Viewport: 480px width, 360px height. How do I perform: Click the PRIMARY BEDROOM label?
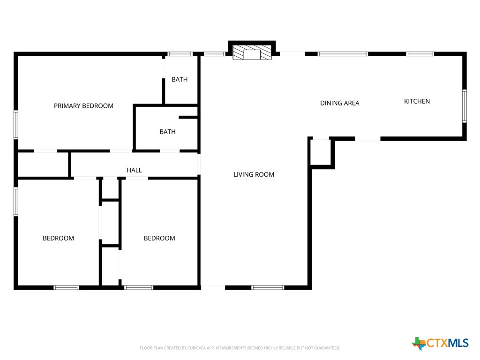[83, 106]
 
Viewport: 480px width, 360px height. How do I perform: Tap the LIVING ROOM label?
[254, 174]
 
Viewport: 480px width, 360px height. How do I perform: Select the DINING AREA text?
[339, 103]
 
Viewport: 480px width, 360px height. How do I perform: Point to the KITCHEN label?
[417, 101]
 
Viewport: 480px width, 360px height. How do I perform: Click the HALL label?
[134, 170]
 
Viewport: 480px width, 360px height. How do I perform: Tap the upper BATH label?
[179, 80]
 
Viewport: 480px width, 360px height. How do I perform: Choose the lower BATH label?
[167, 132]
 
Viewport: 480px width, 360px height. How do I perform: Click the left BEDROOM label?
[58, 238]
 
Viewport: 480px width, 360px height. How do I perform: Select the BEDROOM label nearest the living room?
[159, 238]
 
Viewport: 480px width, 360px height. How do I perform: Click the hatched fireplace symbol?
[253, 52]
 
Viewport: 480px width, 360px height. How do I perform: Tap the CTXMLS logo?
[440, 343]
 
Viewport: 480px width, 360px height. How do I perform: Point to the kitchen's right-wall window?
[464, 106]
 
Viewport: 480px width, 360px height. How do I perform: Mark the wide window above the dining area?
[343, 54]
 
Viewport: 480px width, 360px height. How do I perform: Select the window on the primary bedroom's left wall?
[15, 124]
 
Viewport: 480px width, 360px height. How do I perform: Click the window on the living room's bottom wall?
[268, 287]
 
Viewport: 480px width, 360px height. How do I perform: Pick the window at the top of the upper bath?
[180, 54]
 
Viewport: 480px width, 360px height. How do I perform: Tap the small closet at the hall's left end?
[43, 164]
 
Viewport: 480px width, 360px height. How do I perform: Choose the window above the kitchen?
[420, 54]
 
